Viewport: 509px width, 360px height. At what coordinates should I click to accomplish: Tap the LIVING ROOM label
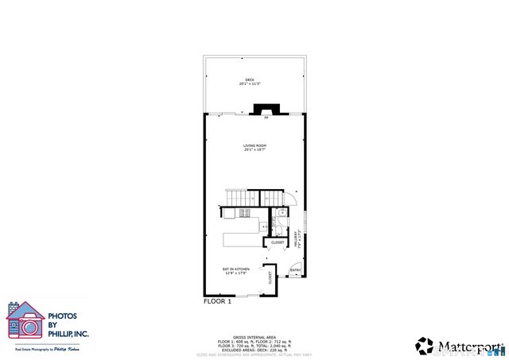254,147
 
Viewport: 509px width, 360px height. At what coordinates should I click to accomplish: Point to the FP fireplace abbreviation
266,118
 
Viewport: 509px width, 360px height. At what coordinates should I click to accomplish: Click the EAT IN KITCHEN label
236,271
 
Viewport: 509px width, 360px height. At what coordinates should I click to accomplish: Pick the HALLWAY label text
296,238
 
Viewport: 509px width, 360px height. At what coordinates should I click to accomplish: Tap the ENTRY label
295,270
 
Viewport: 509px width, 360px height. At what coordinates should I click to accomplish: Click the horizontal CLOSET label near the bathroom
278,242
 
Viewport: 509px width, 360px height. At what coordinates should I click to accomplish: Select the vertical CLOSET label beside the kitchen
270,278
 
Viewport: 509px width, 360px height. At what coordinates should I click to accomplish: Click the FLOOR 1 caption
217,302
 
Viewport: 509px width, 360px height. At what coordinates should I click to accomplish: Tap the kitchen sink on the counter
265,228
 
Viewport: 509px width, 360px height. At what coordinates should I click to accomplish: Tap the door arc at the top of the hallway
292,199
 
